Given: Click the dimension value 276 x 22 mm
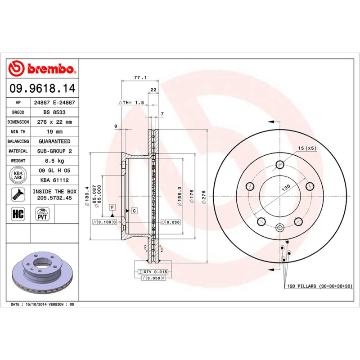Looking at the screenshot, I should pyautogui.click(x=54, y=122).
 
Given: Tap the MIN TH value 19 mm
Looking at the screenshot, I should pyautogui.click(x=54, y=131).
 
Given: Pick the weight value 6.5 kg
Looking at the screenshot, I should pyautogui.click(x=54, y=161).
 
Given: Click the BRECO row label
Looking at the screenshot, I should pyautogui.click(x=18, y=112).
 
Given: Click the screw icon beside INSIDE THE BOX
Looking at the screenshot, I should pyautogui.click(x=18, y=195).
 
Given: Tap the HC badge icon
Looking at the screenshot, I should pyautogui.click(x=18, y=214).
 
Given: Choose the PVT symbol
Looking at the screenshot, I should pyautogui.click(x=43, y=214).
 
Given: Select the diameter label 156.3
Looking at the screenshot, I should pyautogui.click(x=180, y=196).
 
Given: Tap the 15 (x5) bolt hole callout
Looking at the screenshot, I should pyautogui.click(x=308, y=148).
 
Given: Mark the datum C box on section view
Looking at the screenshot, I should pyautogui.click(x=134, y=211).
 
